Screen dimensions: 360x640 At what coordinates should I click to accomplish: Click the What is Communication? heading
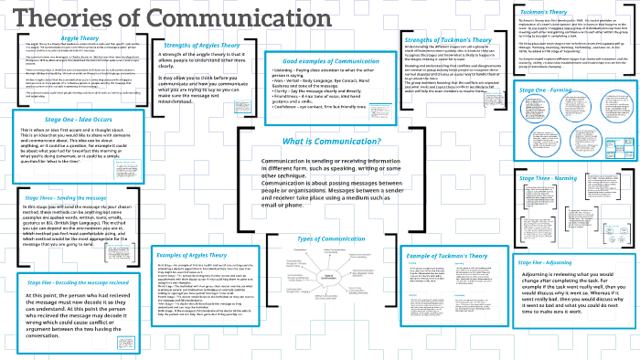(318, 143)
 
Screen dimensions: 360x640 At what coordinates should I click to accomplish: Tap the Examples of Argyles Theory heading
(192, 255)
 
